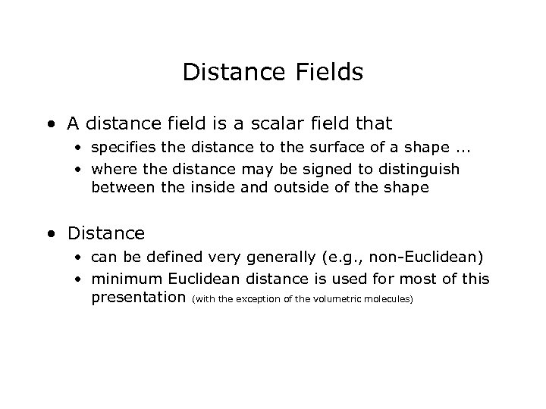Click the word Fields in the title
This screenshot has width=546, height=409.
(331, 73)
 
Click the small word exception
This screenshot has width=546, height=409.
(258, 300)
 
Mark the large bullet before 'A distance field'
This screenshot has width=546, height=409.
(49, 123)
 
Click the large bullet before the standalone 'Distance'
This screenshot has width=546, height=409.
(49, 234)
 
